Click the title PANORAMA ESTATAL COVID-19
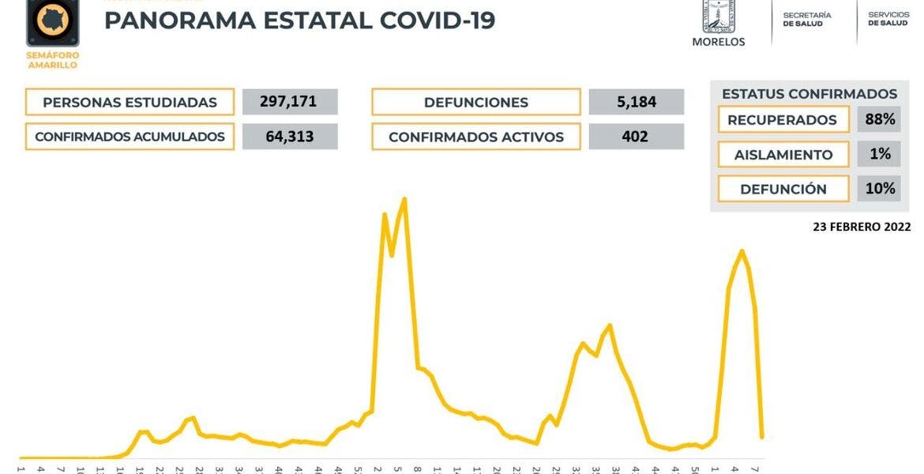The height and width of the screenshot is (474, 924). [299, 20]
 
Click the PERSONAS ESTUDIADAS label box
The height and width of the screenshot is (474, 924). [130, 103]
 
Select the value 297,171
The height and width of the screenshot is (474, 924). [290, 102]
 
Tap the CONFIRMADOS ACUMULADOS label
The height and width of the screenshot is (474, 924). [130, 137]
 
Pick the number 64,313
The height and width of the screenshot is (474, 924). [290, 137]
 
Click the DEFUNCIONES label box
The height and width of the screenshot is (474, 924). [475, 103]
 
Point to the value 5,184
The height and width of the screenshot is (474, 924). [636, 102]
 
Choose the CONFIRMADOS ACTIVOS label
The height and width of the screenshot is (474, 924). [475, 137]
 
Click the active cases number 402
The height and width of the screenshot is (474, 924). [636, 137]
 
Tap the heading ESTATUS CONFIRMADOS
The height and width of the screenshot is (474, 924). [809, 94]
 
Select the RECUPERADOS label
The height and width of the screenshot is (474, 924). [782, 120]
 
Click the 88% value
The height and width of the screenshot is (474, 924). [880, 120]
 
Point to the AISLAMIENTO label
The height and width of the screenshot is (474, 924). [783, 155]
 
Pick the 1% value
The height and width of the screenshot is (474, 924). [880, 154]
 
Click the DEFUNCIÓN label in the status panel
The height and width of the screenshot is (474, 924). [783, 190]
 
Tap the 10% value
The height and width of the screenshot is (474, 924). [880, 189]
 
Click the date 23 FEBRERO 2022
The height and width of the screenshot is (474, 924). [862, 227]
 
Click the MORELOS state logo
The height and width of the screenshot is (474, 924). [718, 22]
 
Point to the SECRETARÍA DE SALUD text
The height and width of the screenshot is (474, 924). [806, 20]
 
